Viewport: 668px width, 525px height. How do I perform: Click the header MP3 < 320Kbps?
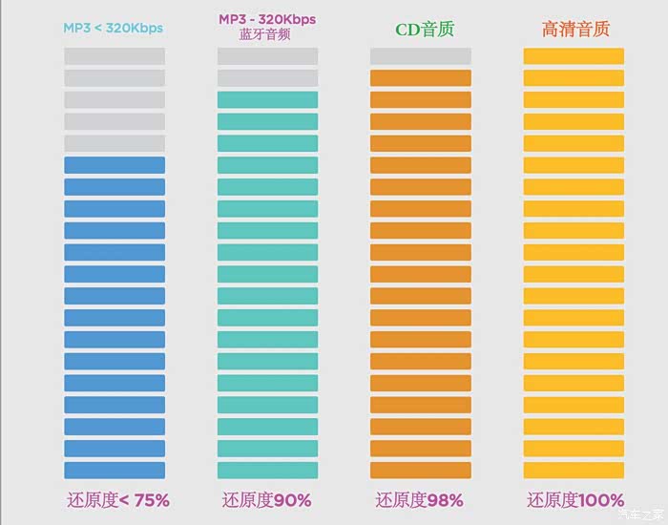pos(113,28)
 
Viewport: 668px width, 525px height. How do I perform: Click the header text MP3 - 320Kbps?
pos(267,19)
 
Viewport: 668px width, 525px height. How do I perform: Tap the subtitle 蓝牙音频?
pos(267,34)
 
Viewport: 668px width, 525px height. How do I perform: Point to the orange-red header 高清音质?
pos(574,29)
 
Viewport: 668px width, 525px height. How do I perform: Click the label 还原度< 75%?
pos(118,499)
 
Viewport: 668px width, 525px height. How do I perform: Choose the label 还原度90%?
pos(267,499)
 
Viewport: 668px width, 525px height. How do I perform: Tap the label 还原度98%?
pos(420,499)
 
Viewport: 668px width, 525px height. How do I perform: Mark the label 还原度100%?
pos(574,499)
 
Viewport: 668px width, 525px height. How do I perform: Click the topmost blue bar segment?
pos(115,165)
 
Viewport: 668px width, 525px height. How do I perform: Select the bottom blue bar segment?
pos(115,471)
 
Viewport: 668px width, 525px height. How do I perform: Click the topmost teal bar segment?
pos(267,100)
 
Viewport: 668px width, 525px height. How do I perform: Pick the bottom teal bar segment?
pos(267,471)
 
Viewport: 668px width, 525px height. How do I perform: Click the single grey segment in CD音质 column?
pos(421,56)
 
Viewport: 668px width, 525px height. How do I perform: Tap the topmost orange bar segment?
pos(421,78)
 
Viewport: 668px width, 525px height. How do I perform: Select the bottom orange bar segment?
pos(421,471)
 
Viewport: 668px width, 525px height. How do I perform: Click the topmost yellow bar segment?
pos(574,56)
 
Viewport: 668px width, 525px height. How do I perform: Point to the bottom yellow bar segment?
pos(574,471)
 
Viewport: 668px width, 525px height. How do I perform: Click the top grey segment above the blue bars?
pos(115,56)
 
